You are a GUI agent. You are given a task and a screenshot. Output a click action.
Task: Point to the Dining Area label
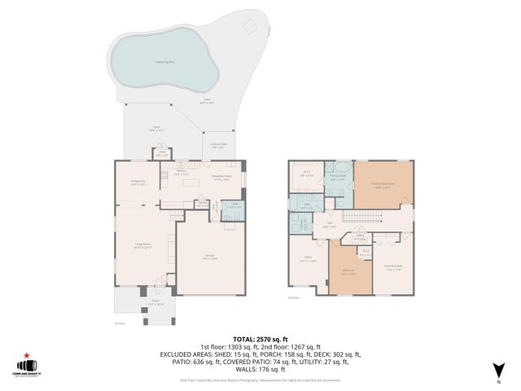pos(138,183)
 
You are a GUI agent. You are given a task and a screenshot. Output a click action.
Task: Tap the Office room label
pos(308,261)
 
